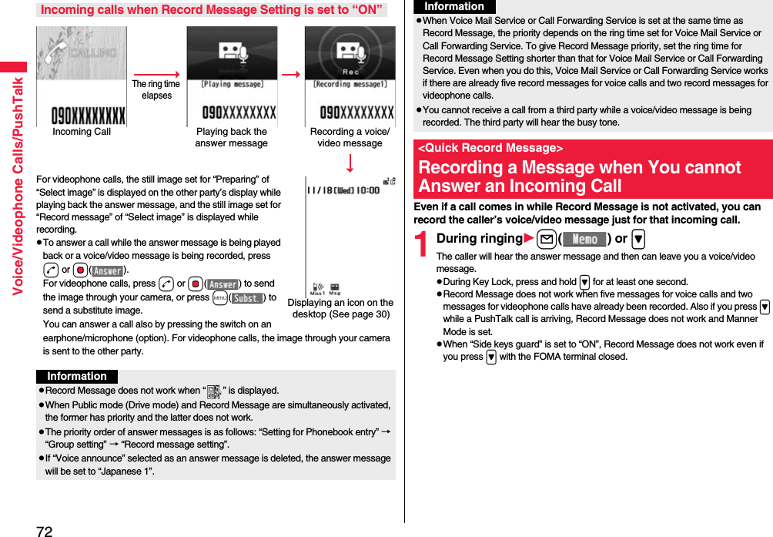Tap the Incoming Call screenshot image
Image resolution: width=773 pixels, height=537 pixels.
pyautogui.click(x=81, y=76)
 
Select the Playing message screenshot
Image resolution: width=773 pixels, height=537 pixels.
pyautogui.click(x=232, y=76)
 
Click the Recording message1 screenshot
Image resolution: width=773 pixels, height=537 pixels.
pyautogui.click(x=350, y=76)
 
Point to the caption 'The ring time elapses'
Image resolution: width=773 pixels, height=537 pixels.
pyautogui.click(x=156, y=90)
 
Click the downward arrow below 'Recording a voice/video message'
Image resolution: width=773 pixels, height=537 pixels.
pyautogui.click(x=350, y=163)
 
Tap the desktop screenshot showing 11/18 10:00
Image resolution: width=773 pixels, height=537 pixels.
pyautogui.click(x=350, y=235)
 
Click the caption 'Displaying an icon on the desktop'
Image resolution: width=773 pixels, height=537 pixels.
pyautogui.click(x=340, y=308)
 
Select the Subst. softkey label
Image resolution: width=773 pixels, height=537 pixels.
pyautogui.click(x=248, y=298)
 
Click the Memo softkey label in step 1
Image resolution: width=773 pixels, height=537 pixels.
pyautogui.click(x=584, y=239)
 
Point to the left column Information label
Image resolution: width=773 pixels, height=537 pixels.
pyautogui.click(x=77, y=377)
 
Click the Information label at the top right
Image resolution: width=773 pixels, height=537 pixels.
pyautogui.click(x=455, y=7)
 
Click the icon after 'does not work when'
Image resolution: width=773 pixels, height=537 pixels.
pyautogui.click(x=214, y=391)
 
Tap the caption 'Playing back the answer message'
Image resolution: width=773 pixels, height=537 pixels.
pyautogui.click(x=232, y=137)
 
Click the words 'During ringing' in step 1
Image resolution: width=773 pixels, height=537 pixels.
pyautogui.click(x=479, y=239)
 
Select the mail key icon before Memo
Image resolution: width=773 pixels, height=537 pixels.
pyautogui.click(x=545, y=239)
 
